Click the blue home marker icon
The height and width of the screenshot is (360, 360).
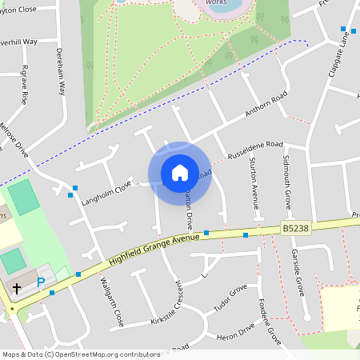(x=179, y=173)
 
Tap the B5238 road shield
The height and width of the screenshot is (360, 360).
(x=294, y=229)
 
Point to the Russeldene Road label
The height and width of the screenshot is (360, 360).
(x=255, y=149)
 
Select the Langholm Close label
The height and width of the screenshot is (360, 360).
(x=106, y=192)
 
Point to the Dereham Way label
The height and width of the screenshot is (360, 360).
(x=61, y=70)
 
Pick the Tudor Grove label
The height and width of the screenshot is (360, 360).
(x=230, y=299)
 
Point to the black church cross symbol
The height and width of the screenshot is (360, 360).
(x=17, y=287)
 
